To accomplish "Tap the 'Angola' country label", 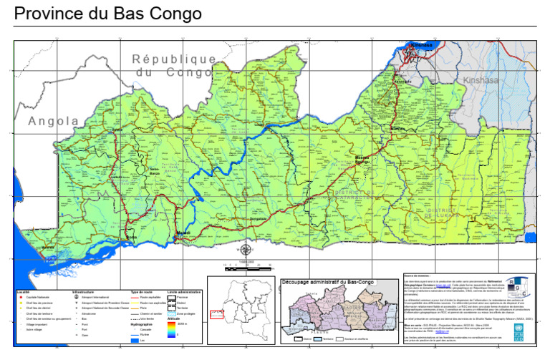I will click(54, 122).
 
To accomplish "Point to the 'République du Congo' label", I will click(174, 65).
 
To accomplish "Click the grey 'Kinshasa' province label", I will click(479, 80).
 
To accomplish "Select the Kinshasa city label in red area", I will click(420, 46).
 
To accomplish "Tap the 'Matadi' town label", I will click(184, 233).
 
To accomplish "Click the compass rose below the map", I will click(246, 250).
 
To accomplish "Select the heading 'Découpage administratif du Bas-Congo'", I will click(327, 281).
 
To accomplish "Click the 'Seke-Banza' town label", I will click(154, 171).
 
